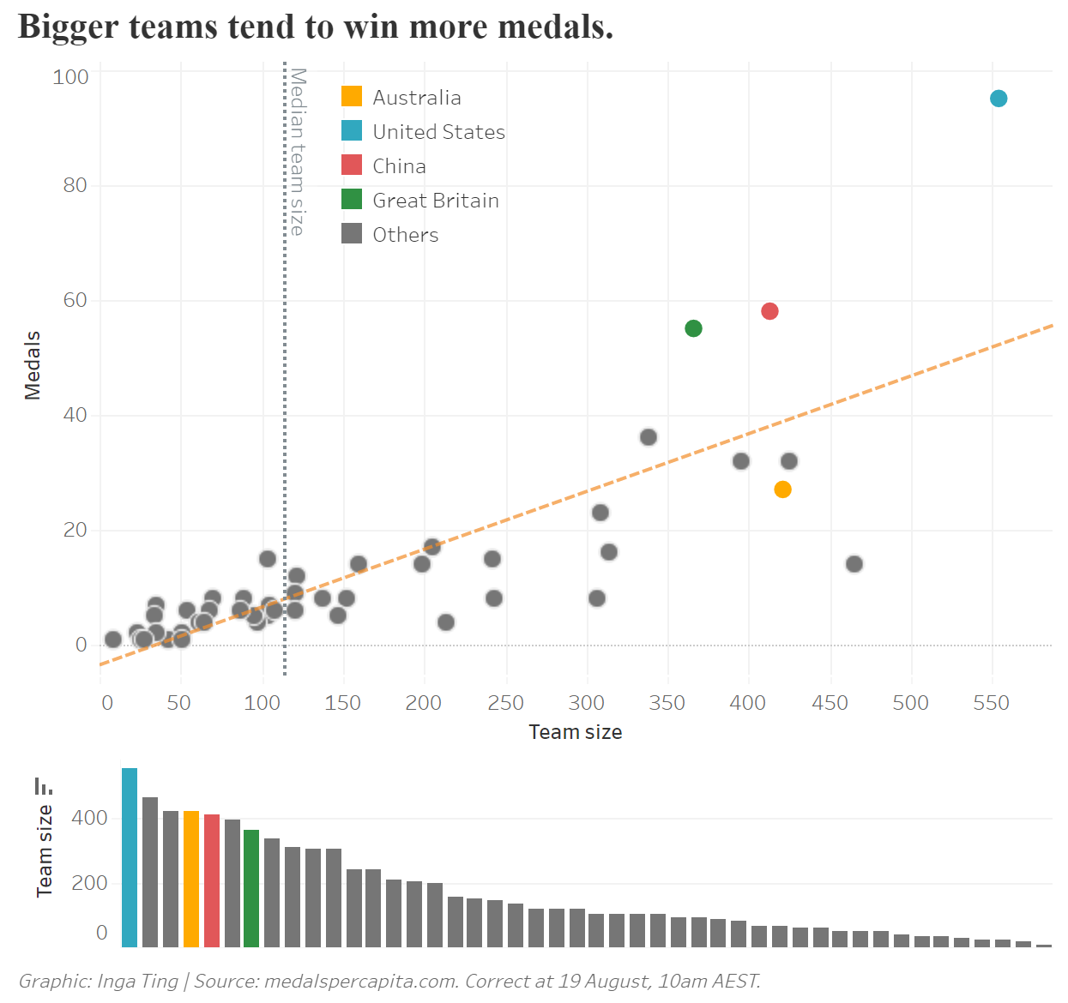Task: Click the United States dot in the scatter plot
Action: click(x=998, y=99)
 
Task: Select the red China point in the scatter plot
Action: click(x=769, y=311)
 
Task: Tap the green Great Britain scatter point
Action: click(x=693, y=328)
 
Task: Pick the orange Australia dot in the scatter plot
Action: click(x=782, y=489)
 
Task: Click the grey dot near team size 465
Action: click(x=854, y=564)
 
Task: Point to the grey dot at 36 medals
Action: click(x=649, y=437)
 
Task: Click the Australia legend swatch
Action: click(x=352, y=96)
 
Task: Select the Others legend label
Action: click(x=405, y=235)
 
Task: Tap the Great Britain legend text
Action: click(x=435, y=201)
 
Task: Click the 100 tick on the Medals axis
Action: click(x=70, y=77)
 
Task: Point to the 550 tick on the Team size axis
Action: click(x=991, y=704)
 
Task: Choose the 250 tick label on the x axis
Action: click(x=505, y=704)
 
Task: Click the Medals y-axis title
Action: click(x=33, y=365)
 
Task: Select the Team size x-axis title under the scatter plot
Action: click(x=575, y=732)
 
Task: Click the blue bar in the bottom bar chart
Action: click(x=130, y=857)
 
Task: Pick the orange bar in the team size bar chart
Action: click(x=191, y=879)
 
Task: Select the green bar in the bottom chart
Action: click(x=251, y=888)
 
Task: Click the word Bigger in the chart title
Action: click(x=68, y=27)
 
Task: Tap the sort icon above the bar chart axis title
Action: click(x=43, y=785)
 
